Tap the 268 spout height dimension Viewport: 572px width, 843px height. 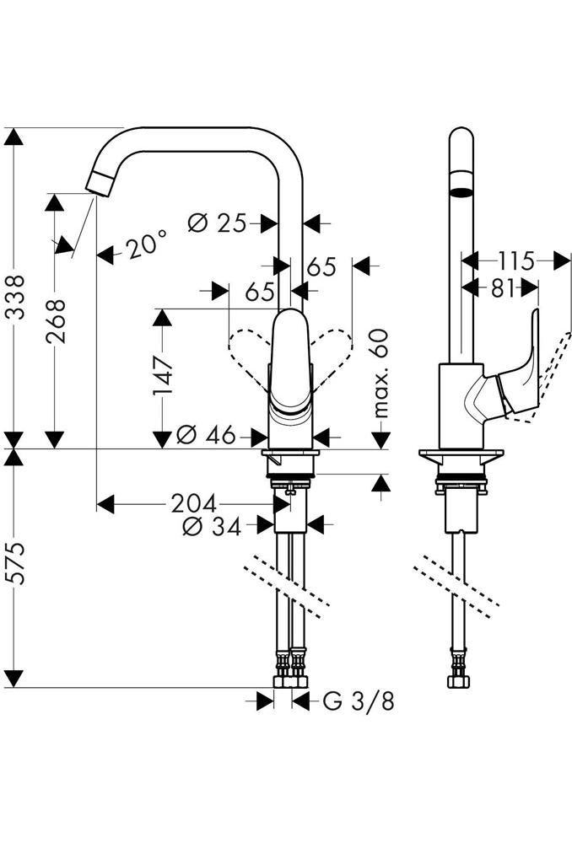click(x=56, y=321)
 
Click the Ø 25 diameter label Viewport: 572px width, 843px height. click(x=217, y=223)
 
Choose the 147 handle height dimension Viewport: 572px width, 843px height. click(x=163, y=375)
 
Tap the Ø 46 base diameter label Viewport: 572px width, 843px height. click(x=206, y=434)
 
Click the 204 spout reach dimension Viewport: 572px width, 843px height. click(x=194, y=504)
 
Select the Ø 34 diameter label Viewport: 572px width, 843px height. click(x=212, y=527)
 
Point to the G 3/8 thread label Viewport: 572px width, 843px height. click(x=359, y=701)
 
